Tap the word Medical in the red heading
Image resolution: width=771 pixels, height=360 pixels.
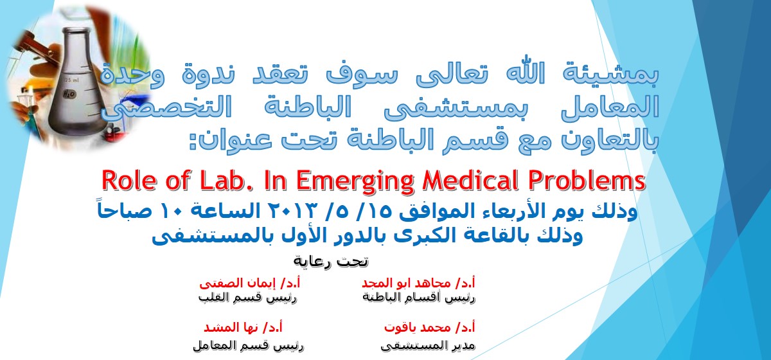pos(470,180)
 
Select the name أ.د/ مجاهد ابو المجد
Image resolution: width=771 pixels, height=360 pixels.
pos(418,283)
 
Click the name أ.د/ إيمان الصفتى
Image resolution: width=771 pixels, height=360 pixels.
pos(250,283)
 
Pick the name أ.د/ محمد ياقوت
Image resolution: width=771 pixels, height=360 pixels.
pos(430,328)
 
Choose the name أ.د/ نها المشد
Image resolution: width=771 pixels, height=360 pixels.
pos(243,328)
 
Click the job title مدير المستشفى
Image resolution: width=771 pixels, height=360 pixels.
pos(428,345)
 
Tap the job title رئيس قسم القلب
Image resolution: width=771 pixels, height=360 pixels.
pos(247,297)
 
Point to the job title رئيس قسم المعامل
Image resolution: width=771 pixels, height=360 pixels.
pos(248,345)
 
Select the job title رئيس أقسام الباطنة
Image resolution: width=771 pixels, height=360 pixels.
pos(419,297)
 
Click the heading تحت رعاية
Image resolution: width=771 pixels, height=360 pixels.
pos(331,262)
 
